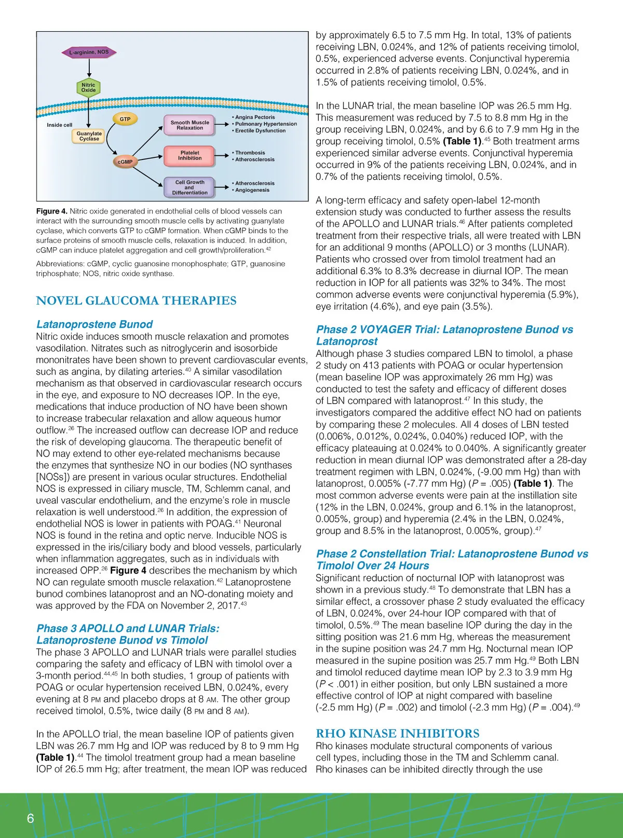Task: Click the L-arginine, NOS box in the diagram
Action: (x=89, y=52)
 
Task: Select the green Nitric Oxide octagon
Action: (x=88, y=88)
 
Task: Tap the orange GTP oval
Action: (x=125, y=119)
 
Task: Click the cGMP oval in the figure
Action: (x=125, y=162)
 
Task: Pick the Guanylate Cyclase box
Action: (x=89, y=136)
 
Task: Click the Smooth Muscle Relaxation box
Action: (x=189, y=125)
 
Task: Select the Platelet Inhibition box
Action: (x=189, y=155)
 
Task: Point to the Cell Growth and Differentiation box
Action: (x=189, y=188)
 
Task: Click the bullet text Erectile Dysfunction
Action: (x=260, y=131)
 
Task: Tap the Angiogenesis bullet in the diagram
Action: (x=252, y=190)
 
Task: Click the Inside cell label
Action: (x=60, y=125)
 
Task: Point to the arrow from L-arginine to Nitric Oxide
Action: (x=89, y=68)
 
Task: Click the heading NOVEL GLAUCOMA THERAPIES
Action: (x=136, y=301)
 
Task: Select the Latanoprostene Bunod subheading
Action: (x=94, y=324)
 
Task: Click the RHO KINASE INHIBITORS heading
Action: (x=398, y=734)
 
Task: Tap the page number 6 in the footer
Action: (x=30, y=818)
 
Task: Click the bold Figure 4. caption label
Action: (x=51, y=211)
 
